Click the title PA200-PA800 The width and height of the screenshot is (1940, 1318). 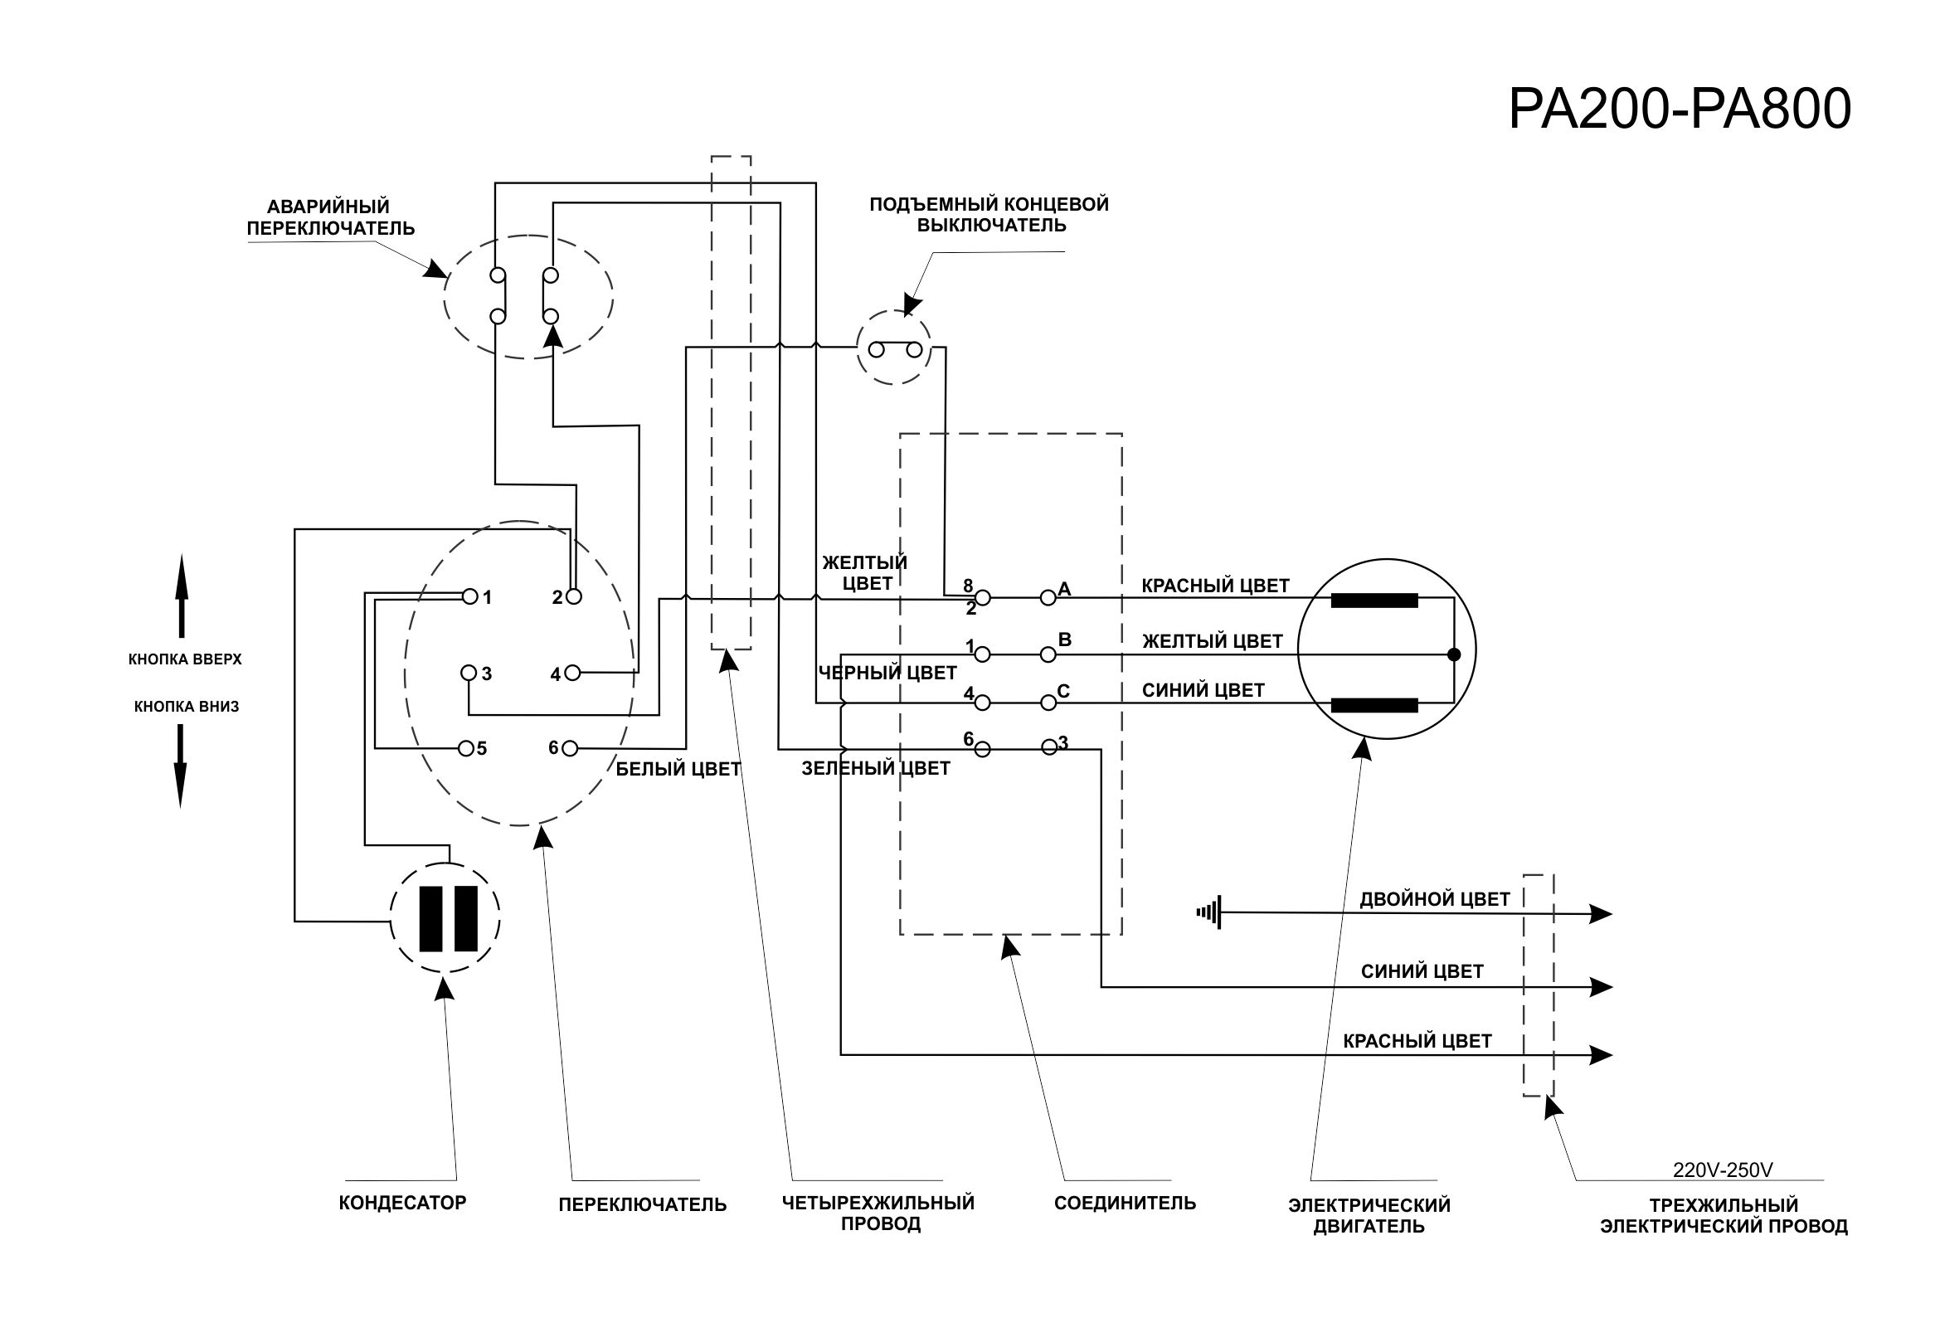1679,109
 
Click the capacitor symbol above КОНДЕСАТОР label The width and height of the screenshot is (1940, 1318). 445,918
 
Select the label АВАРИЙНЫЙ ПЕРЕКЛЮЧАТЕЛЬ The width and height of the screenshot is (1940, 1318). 330,217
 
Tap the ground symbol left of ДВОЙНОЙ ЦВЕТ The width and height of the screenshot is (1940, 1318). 1209,912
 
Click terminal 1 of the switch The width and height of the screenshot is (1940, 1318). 470,596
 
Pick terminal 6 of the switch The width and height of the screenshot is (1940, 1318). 570,749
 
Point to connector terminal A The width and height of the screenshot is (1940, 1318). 1048,597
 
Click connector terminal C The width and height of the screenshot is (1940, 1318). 1048,703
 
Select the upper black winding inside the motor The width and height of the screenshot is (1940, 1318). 1374,601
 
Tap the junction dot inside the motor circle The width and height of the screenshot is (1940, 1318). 1454,654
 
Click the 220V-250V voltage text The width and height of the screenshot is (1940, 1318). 1722,1170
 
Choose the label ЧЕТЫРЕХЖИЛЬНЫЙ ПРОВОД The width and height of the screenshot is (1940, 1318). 878,1213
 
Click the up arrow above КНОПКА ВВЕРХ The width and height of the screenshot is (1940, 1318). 181,596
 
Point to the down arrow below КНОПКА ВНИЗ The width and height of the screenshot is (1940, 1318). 180,766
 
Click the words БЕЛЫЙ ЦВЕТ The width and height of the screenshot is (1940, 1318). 678,770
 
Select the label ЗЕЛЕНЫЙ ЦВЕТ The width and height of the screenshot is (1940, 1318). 876,768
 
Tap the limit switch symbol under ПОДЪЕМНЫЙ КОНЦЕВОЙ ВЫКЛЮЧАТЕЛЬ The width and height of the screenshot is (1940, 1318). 895,349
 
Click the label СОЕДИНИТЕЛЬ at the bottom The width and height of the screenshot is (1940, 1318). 1125,1203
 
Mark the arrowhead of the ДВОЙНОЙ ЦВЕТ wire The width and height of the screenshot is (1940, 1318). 1599,914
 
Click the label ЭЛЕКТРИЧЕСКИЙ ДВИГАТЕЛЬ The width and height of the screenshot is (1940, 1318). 1369,1215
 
